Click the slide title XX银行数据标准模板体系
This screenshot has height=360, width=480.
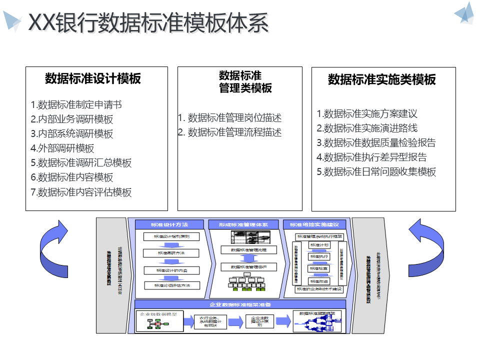(148, 23)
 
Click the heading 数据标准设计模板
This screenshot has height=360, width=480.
(93, 78)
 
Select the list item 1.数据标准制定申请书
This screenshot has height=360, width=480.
(76, 105)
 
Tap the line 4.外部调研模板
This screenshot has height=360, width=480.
(62, 148)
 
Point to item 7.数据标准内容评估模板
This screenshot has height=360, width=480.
(81, 192)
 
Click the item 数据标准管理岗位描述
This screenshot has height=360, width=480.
(230, 118)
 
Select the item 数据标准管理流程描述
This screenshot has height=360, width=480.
(230, 132)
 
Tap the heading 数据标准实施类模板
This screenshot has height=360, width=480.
(382, 79)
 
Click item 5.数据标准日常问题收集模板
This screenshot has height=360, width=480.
(376, 172)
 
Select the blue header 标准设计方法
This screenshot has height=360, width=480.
(170, 224)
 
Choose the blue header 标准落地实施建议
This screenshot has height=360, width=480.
(314, 224)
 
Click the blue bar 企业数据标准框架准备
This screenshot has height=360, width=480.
(240, 304)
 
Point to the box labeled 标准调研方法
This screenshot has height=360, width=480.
(171, 253)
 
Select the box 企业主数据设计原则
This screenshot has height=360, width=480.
(259, 321)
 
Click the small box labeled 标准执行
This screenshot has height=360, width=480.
(319, 256)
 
